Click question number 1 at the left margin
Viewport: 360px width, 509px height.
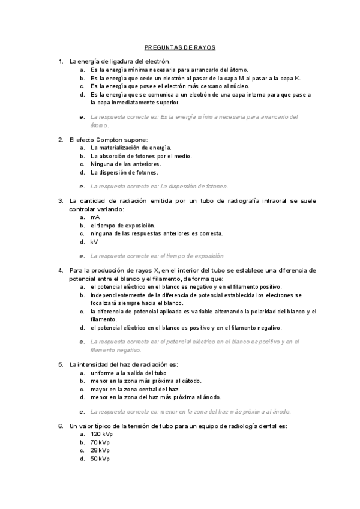[x=60, y=61]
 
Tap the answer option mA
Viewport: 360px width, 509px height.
[x=95, y=217]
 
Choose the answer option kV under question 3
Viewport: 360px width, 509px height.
[x=94, y=242]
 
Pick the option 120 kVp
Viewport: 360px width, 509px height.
[x=101, y=433]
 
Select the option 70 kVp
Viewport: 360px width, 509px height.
[x=100, y=442]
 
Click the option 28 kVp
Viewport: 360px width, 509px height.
[x=100, y=450]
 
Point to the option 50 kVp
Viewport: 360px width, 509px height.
[x=100, y=459]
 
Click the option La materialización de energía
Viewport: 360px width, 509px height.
[x=131, y=147]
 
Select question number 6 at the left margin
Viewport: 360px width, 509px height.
[x=60, y=426]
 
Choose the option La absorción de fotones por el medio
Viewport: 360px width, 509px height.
[x=141, y=155]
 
